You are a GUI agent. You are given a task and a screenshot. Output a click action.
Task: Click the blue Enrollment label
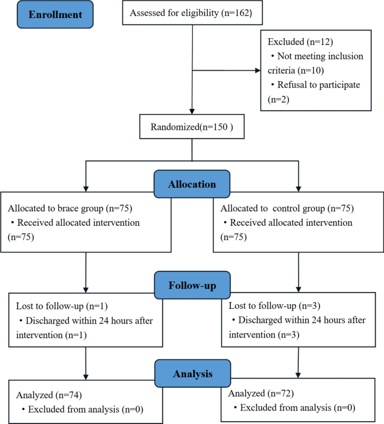tap(48, 15)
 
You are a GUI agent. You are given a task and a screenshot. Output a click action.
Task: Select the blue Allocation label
tap(192, 184)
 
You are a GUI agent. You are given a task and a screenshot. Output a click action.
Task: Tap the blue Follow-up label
tap(192, 285)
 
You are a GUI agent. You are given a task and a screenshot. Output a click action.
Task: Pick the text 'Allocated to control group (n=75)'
tap(280, 208)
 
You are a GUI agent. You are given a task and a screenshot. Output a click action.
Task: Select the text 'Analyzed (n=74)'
tap(45, 394)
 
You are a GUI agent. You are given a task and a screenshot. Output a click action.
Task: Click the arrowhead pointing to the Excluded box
tap(257, 71)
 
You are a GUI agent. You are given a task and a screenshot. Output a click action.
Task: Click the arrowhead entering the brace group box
tap(86, 188)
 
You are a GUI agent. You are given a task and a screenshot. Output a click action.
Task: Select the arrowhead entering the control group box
tap(298, 188)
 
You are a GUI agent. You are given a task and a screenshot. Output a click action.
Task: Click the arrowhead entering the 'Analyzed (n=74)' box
tap(86, 377)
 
